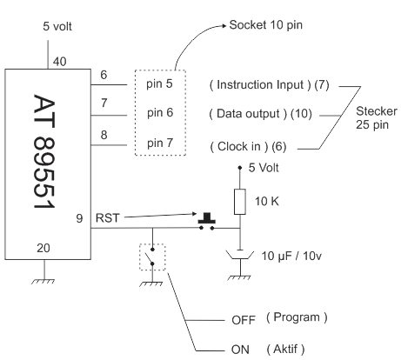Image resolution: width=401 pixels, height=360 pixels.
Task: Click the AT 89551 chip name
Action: pos(44,151)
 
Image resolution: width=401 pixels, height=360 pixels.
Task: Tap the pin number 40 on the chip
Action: pos(59,62)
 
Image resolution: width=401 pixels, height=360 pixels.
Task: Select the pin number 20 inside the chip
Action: pos(43,248)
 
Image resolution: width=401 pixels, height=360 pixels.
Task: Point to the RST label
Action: pos(108,218)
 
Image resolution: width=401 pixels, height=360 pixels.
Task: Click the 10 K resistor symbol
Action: pos(240,202)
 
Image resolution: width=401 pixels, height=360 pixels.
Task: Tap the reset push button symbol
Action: pos(207,222)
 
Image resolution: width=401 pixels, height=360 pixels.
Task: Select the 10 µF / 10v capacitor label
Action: pos(291,256)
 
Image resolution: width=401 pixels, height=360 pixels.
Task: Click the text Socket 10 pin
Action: pos(266,25)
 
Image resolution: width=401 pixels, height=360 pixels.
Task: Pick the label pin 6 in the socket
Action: pos(160,113)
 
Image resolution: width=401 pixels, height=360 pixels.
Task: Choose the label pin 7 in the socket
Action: pos(160,143)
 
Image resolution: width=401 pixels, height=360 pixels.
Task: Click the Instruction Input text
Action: pos(260,84)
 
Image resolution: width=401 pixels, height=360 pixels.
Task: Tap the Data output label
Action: pos(248,114)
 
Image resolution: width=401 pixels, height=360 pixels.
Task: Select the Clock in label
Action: pos(239,146)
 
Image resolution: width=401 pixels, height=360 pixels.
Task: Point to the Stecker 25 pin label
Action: pos(377,118)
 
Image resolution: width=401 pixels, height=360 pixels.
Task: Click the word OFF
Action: pos(244,320)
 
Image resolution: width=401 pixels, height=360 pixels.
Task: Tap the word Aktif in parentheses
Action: pos(285,349)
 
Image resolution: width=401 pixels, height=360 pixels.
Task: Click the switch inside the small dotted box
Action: pos(152,257)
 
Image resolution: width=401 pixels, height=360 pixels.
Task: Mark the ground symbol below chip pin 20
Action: pos(43,281)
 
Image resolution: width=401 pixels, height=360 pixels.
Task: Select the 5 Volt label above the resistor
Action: pos(264,168)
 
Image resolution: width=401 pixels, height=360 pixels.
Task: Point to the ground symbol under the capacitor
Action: pos(239,277)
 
